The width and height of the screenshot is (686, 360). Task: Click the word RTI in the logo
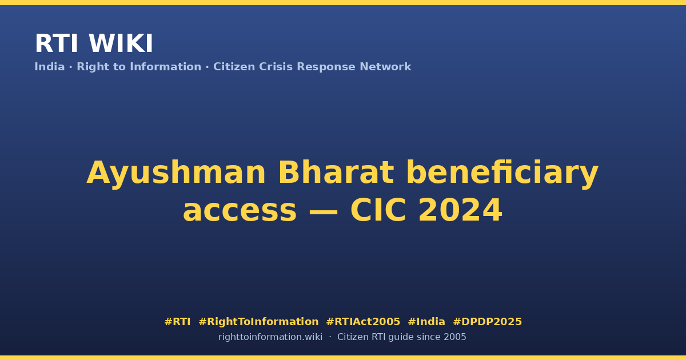[x=57, y=43]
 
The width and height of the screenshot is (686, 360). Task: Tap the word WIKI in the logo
[x=121, y=43]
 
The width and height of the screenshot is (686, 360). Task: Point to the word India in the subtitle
[x=50, y=67]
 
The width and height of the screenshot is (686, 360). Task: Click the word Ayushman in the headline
[x=176, y=173]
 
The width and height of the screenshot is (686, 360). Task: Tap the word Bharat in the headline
[x=336, y=173]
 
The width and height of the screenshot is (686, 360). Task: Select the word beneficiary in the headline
[x=502, y=173]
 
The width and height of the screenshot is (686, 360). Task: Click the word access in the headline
[x=240, y=210]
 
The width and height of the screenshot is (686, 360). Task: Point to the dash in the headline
[x=324, y=211]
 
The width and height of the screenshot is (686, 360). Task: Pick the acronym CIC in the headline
[x=378, y=210]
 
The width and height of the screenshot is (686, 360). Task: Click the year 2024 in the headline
[x=460, y=210]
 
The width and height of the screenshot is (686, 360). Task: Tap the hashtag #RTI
[x=177, y=322]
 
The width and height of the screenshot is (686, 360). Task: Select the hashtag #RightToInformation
[x=258, y=322]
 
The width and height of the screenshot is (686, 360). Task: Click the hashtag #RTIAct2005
[x=363, y=322]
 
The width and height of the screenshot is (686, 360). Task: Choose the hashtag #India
[x=426, y=322]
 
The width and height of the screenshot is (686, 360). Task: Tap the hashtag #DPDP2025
[x=487, y=322]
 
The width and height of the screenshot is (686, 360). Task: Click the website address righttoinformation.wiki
[x=270, y=337]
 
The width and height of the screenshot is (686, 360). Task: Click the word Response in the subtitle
[x=326, y=67]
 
